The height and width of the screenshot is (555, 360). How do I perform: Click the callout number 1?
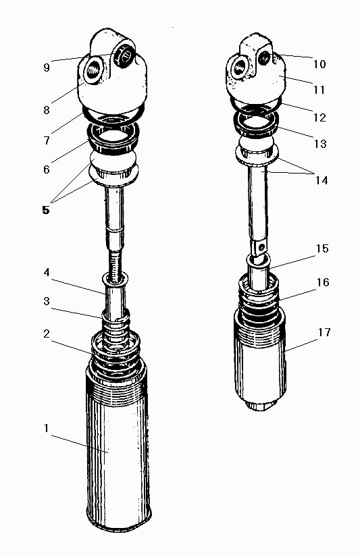pos(46,428)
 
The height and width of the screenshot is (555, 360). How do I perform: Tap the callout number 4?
pos(47,273)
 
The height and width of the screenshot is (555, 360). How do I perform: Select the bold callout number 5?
pos(46,210)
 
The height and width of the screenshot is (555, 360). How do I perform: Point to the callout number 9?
pos(47,68)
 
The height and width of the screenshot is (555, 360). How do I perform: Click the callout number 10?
pos(319,64)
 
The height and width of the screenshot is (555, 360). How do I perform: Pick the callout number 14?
pos(322,180)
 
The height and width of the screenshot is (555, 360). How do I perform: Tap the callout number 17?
pos(324,332)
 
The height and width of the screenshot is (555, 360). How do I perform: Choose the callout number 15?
pos(322,248)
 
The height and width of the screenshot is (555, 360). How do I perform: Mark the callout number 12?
pos(319,117)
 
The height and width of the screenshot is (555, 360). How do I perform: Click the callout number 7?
pos(47,140)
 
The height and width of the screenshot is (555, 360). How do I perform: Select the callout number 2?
pos(47,334)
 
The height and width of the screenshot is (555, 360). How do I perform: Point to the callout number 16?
pos(323,282)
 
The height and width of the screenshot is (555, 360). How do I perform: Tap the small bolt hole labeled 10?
pos(264,58)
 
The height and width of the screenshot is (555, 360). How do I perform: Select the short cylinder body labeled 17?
pos(259,357)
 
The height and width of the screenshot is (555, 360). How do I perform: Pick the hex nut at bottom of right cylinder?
pos(261,404)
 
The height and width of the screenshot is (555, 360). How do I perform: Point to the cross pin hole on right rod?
pos(261,244)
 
